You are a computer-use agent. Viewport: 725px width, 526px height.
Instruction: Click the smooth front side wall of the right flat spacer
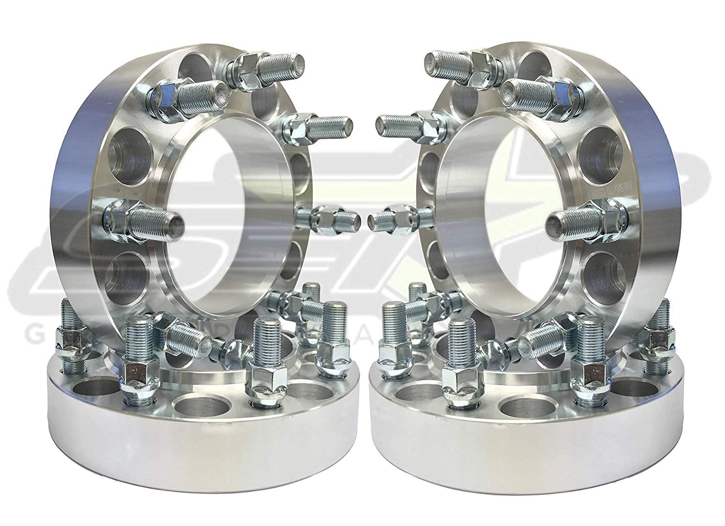click(x=522, y=464)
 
